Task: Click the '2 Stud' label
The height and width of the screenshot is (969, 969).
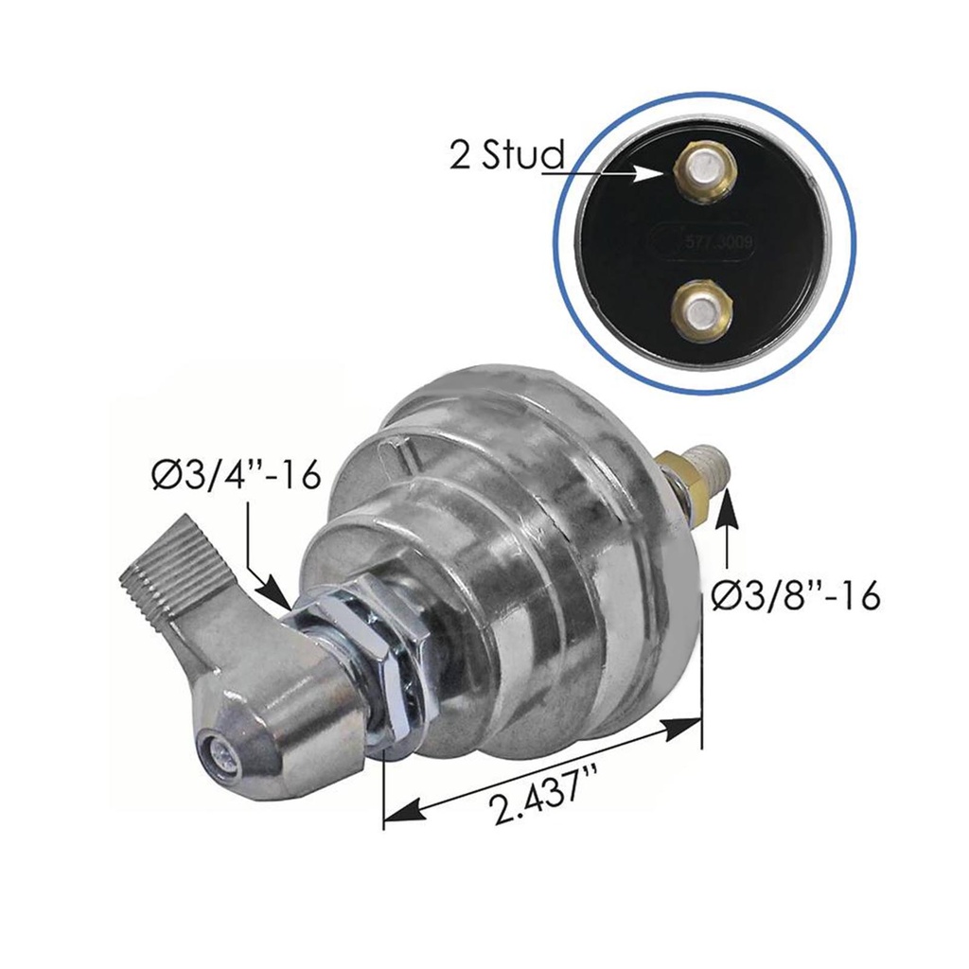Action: coord(506,155)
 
